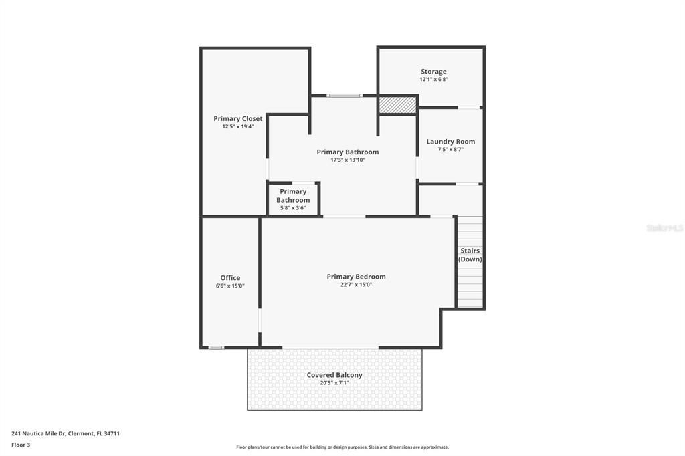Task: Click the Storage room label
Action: pos(433,71)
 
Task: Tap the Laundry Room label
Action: pos(450,142)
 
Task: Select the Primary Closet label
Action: pos(238,119)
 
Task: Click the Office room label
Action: pos(230,277)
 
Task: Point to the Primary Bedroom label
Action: pos(356,277)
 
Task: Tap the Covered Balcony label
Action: pos(334,375)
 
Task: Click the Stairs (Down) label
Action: pos(470,255)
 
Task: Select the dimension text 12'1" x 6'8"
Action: pos(433,79)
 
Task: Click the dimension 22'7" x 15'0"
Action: pos(356,285)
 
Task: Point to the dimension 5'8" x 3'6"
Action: pos(293,208)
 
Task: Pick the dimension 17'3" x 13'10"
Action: pos(348,160)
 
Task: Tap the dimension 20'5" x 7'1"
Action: pos(334,383)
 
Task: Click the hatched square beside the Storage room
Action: pos(397,105)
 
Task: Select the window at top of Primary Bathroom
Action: pos(345,96)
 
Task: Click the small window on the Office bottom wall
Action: pos(216,348)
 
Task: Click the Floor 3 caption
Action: pos(21,445)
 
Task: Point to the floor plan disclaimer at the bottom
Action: pos(342,447)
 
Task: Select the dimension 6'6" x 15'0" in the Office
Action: pos(230,286)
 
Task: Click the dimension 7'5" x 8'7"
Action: pos(450,149)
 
